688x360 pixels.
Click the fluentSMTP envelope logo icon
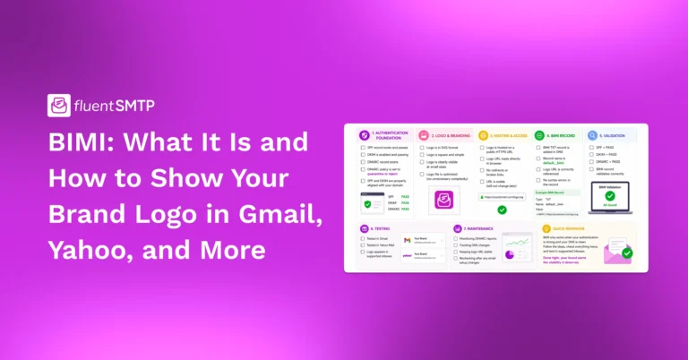tap(59, 106)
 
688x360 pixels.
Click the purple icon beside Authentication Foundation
tap(364, 135)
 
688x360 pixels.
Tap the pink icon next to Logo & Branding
tap(423, 135)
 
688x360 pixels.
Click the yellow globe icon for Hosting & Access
tap(483, 135)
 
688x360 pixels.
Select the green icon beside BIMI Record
tap(539, 135)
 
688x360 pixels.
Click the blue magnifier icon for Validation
tap(593, 135)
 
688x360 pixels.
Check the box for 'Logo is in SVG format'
tap(422, 147)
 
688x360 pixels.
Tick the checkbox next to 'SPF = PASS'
tap(590, 147)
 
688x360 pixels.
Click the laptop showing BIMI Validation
tap(609, 196)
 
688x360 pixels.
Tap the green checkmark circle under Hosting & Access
tap(502, 210)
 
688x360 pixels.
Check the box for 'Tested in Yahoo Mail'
tap(360, 246)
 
